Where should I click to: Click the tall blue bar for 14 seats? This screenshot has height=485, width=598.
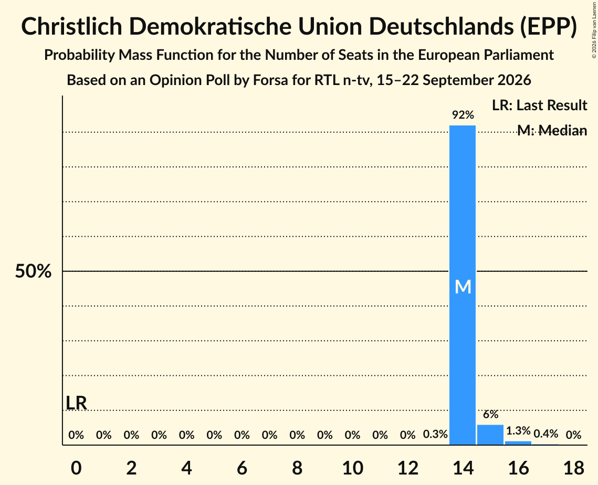(463, 285)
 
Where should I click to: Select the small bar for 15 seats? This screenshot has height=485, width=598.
(490, 435)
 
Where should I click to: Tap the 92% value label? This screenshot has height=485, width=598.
(463, 115)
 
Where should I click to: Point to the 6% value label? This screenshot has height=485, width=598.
(491, 414)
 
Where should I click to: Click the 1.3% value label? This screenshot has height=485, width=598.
(518, 431)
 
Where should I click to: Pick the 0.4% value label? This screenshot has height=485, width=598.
(545, 434)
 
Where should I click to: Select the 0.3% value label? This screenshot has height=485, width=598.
(435, 434)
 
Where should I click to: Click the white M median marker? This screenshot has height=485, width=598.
(463, 287)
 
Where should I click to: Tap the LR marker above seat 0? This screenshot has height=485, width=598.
(76, 403)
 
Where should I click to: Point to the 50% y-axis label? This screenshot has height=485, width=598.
(33, 271)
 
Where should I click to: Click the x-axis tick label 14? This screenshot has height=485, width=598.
(463, 468)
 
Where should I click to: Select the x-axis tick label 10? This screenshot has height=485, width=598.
(352, 468)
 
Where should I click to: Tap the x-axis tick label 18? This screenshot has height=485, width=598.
(574, 468)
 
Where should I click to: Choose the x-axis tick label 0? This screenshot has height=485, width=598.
(76, 468)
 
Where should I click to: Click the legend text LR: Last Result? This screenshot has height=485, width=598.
(539, 105)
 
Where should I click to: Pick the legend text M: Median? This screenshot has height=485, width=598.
(552, 130)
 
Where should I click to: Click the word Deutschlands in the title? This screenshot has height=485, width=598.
(440, 27)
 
